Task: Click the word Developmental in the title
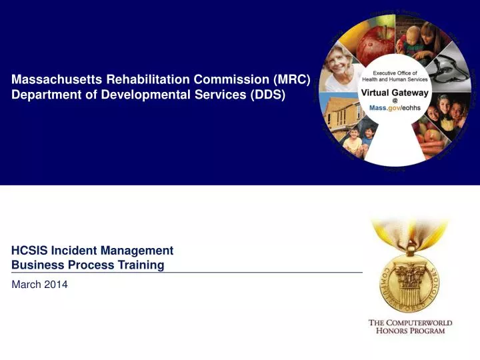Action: (135, 95)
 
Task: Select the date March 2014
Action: (40, 285)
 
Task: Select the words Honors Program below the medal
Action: (410, 331)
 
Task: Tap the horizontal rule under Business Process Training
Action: (187, 273)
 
